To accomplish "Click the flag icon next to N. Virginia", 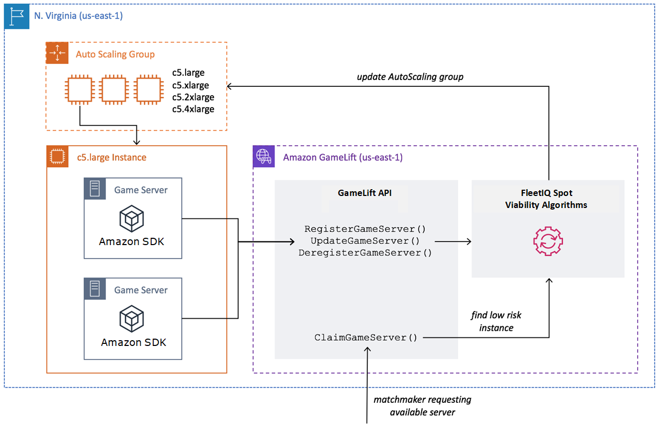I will point(15,17).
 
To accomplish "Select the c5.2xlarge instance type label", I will point(193,97).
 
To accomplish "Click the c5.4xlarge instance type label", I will point(193,109).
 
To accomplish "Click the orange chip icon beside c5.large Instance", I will point(57,156).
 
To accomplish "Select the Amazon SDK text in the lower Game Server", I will point(133,342).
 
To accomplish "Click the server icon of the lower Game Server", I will point(95,289).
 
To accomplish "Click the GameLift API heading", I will point(365,192).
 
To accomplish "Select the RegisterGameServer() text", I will point(365,229).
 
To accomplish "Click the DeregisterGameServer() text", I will point(365,253).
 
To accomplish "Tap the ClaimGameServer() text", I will point(366,338).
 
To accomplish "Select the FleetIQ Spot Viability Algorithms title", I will point(546,199).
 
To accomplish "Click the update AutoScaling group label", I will point(410,77).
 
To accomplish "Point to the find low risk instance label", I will point(496,321).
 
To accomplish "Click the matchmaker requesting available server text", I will point(422,406).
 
